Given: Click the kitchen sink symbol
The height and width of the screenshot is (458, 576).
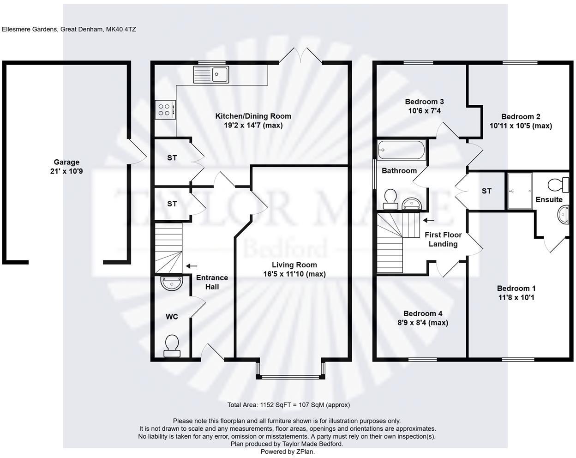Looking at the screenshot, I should click(x=211, y=74).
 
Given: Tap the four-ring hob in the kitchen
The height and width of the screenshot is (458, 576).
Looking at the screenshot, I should click(x=165, y=109).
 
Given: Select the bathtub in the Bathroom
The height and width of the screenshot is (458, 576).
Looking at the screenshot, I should click(x=401, y=150).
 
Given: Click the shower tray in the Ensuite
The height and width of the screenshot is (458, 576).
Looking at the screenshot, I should click(x=520, y=191).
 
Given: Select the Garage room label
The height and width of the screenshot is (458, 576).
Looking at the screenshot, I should click(x=66, y=162).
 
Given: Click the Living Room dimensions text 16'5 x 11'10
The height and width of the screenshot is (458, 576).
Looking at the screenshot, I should click(x=294, y=274).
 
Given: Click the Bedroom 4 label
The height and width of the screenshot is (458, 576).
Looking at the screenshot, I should click(x=423, y=313).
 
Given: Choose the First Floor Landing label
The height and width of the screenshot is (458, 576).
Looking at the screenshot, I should click(x=443, y=239).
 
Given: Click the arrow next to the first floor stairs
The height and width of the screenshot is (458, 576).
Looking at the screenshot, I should click(x=429, y=220).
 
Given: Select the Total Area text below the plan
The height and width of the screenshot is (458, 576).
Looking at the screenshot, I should click(x=288, y=405).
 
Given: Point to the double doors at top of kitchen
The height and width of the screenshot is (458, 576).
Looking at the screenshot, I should click(x=300, y=55).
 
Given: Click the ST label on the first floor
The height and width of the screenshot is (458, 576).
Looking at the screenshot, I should click(x=486, y=191).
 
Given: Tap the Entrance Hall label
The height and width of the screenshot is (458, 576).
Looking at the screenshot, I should click(x=212, y=282).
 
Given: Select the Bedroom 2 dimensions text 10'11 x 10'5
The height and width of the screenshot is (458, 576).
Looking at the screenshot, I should click(x=520, y=126).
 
